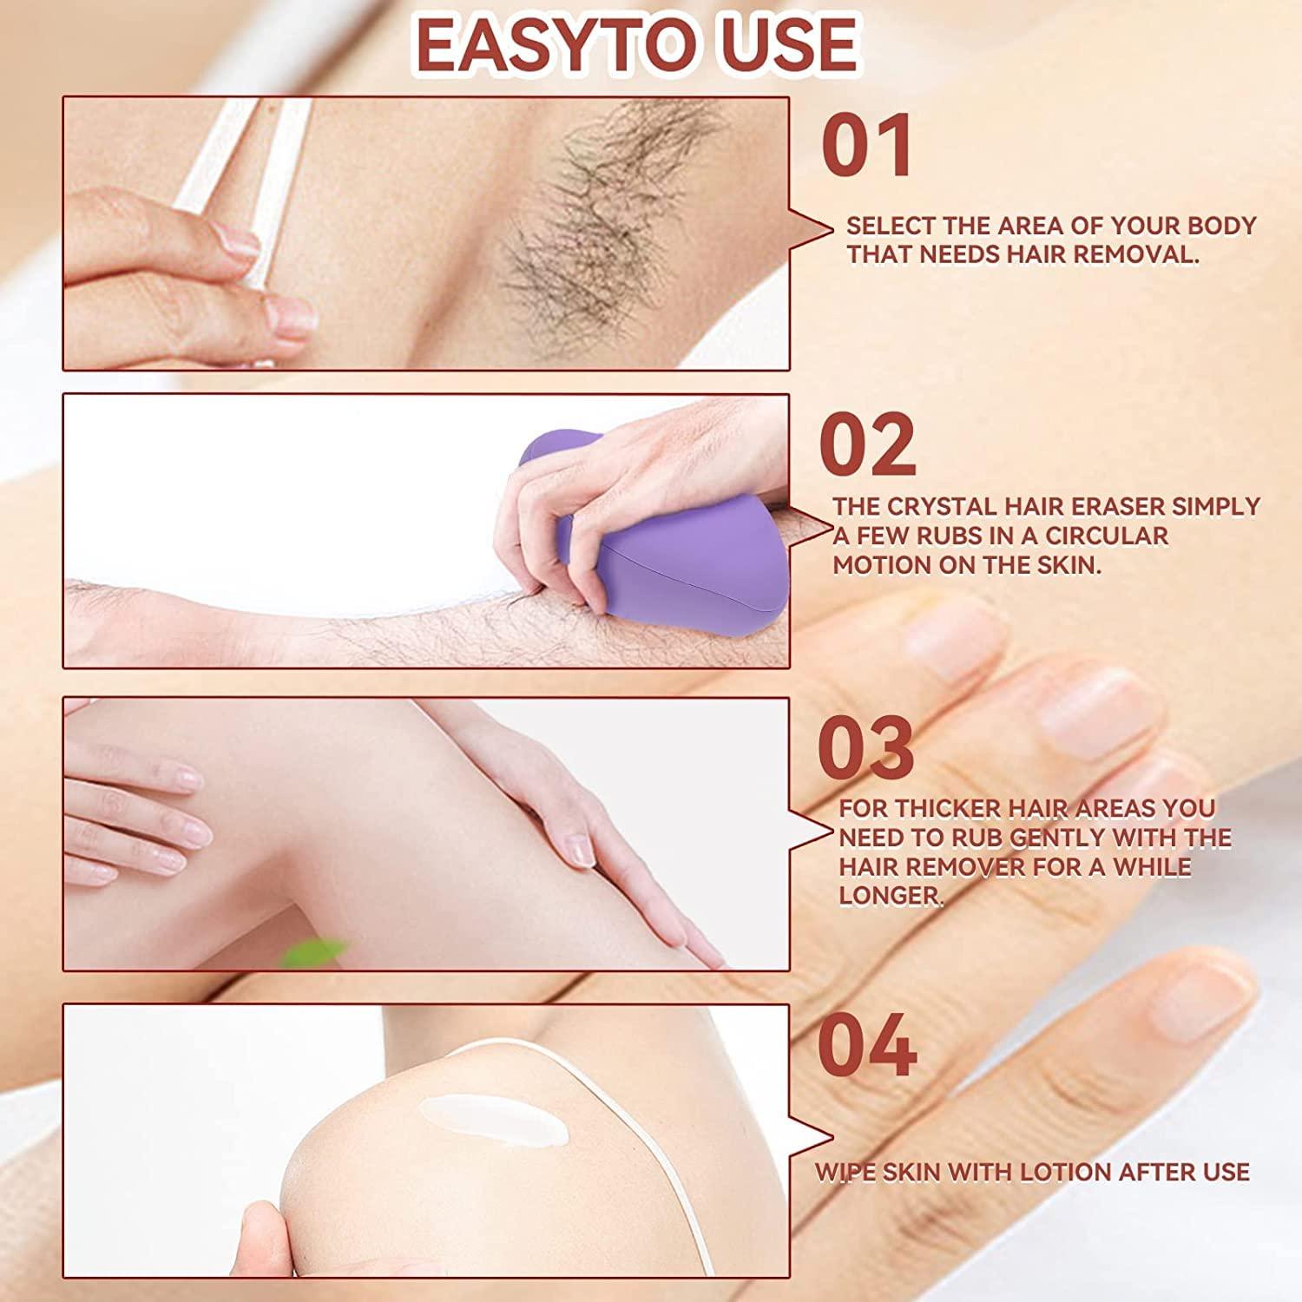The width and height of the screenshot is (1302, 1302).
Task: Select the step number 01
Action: coord(867,147)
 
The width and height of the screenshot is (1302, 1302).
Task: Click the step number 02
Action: coord(867,444)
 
